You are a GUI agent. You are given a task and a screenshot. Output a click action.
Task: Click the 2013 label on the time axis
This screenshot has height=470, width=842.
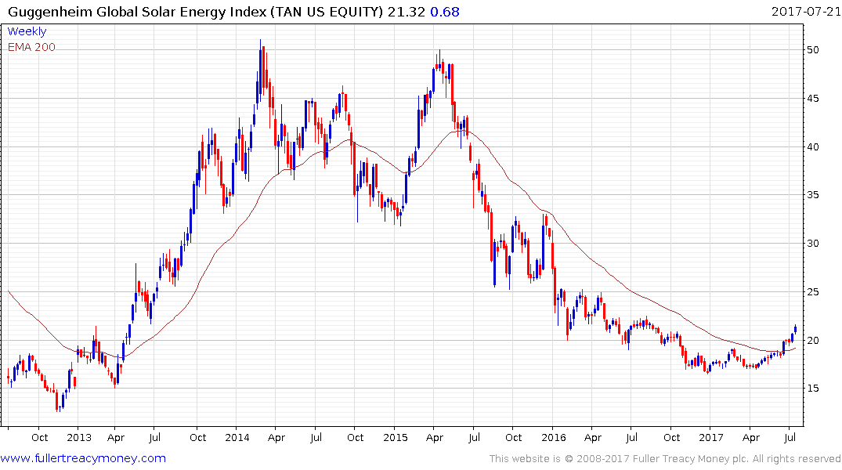79,437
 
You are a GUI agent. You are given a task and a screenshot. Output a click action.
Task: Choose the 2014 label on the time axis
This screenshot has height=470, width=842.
237,437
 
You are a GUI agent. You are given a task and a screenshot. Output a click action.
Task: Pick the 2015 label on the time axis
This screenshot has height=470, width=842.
395,437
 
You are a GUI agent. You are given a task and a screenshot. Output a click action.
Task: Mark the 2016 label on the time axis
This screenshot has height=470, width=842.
553,437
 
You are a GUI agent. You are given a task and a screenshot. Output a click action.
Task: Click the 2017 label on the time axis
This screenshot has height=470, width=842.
711,437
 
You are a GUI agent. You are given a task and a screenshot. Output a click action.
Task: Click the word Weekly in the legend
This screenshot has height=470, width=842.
27,31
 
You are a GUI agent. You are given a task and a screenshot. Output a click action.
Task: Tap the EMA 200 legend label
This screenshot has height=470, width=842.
31,47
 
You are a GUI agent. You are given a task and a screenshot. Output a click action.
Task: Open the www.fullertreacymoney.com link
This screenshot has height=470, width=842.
83,458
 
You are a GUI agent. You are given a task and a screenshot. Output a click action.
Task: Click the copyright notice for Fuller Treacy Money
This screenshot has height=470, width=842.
665,459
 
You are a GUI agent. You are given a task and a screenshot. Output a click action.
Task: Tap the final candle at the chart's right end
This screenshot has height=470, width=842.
796,328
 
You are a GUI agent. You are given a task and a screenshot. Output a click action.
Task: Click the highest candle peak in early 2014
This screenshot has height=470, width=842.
261,44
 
